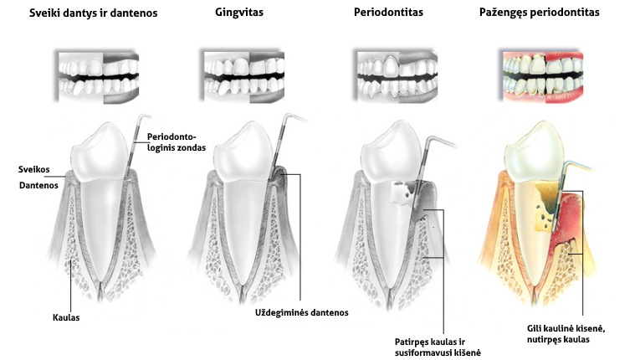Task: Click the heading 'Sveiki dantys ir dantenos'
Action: pos(93,13)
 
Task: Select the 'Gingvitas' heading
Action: pos(239,13)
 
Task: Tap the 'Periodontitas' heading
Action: pos(388,13)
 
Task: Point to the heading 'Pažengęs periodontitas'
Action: pos(539,13)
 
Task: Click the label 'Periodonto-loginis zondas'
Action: pos(177,142)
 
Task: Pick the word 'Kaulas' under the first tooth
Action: pos(66,317)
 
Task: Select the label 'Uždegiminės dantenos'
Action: pos(302,312)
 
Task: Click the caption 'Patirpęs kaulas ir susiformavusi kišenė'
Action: pos(438,347)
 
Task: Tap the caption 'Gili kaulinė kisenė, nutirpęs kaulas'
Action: pos(566,334)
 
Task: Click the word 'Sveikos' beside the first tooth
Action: pos(33,170)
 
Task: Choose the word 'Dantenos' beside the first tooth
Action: pos(38,186)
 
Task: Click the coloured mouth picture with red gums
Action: pos(542,76)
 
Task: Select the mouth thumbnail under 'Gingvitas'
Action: pos(243,76)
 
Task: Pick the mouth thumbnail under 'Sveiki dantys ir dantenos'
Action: pos(97,76)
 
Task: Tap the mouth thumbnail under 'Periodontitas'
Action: pos(396,76)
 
